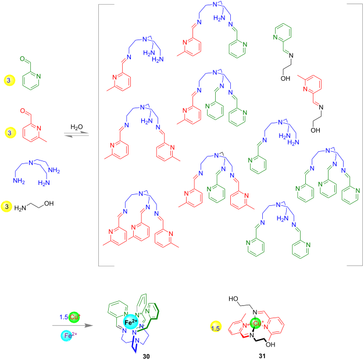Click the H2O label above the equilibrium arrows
coord(77,126)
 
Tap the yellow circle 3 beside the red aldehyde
coord(8,133)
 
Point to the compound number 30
coord(135,354)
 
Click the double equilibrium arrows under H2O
coord(77,136)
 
